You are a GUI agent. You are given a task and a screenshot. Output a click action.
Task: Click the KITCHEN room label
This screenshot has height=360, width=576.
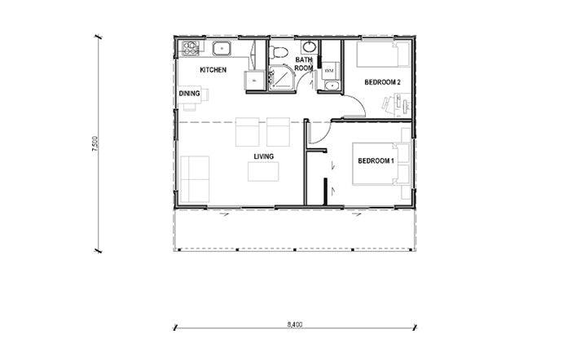213,70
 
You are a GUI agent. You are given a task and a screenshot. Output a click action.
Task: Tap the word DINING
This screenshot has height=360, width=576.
190,94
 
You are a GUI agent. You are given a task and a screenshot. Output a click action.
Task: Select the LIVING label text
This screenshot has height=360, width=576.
264,156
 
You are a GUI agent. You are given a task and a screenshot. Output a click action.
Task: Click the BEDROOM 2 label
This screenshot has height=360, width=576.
382,82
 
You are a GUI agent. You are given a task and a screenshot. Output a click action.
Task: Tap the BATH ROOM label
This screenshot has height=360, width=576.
304,64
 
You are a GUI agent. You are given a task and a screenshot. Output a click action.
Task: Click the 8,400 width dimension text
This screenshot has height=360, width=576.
295,324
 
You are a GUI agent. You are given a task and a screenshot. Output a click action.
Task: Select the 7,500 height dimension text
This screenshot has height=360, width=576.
95,143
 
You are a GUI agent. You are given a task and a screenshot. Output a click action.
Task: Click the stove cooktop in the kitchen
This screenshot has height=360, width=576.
191,48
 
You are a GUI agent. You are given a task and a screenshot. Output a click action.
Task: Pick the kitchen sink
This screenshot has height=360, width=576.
222,49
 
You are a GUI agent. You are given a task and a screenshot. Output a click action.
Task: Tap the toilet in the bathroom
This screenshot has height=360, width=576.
278,52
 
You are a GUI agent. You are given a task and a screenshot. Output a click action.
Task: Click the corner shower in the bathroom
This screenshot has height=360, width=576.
281,77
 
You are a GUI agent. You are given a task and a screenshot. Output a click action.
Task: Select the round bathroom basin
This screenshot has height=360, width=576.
309,47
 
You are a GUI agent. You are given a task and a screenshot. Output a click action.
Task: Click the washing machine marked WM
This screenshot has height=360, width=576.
329,70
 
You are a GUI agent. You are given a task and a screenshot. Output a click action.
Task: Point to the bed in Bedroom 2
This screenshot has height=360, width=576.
383,55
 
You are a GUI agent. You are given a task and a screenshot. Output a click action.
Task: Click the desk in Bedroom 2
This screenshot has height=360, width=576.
402,105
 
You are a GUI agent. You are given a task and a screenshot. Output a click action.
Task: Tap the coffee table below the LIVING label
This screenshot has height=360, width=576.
263,172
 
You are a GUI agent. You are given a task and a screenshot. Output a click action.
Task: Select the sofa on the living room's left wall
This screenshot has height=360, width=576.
195,179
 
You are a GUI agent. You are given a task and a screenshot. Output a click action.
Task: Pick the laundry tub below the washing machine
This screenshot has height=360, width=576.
332,86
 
